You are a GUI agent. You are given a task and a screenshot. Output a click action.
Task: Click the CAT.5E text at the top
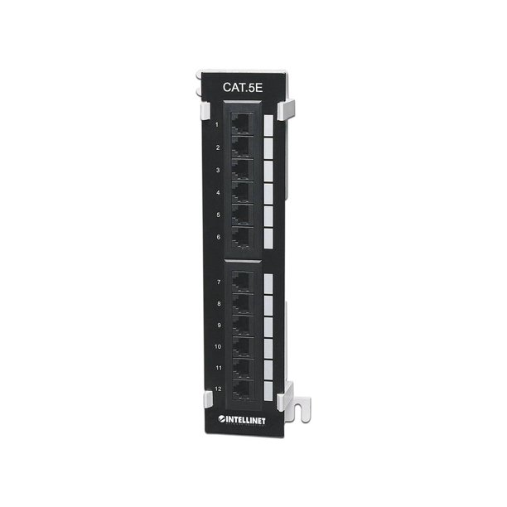pos(243,87)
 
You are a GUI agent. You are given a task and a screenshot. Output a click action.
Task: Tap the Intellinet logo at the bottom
pos(242,420)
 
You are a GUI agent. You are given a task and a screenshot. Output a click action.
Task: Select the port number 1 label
pos(217,125)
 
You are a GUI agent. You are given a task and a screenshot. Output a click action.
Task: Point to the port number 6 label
pos(218,237)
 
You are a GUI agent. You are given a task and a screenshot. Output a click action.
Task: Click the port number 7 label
pos(219,282)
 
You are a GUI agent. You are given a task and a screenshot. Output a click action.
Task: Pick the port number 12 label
pos(218,389)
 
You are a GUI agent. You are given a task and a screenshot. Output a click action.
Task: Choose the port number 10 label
pos(218,346)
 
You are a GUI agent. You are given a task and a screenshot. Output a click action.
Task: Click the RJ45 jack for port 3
pos(242,170)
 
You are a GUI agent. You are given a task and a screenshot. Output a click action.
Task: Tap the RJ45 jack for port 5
pos(242,215)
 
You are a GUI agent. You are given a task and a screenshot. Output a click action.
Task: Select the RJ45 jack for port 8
pos(243,304)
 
